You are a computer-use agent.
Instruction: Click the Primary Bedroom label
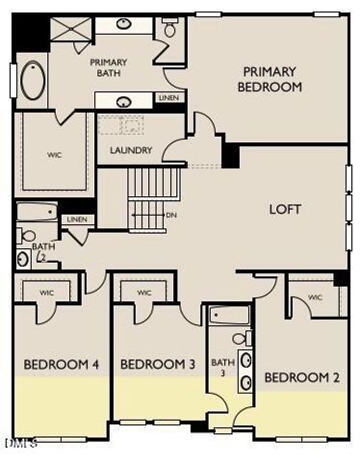tap(271, 79)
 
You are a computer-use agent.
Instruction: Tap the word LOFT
tap(286, 208)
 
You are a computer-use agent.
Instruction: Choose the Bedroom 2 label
tap(301, 377)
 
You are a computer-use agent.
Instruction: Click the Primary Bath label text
tap(109, 67)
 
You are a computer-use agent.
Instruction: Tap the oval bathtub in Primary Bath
tap(34, 82)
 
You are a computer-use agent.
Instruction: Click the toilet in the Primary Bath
tap(171, 27)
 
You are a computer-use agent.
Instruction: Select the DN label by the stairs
tap(170, 215)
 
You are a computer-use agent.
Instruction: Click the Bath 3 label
tap(222, 366)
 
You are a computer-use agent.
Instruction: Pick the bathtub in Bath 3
tap(230, 315)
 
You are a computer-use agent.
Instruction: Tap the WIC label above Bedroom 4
tap(46, 293)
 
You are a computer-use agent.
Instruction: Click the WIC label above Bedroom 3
tap(144, 293)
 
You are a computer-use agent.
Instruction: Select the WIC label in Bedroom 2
tap(315, 298)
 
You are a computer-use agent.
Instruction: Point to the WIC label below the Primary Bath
tap(54, 153)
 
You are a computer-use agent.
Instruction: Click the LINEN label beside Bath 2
tap(76, 220)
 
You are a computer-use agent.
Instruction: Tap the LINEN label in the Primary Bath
tap(168, 98)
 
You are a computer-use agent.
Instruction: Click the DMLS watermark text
tap(19, 444)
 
